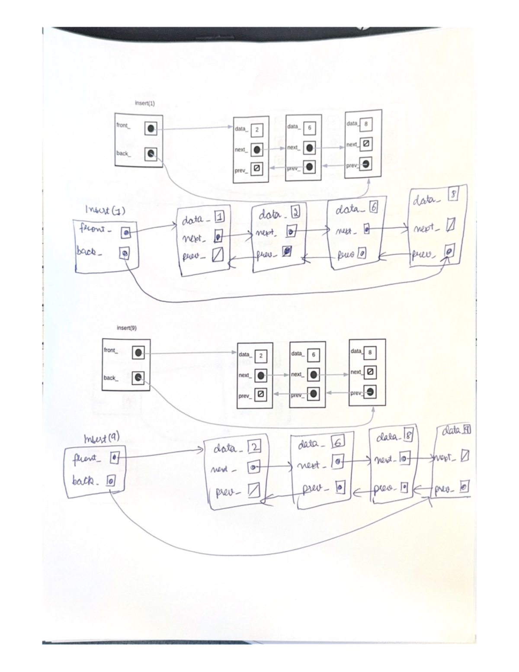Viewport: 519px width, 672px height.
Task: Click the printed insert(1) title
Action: (144, 103)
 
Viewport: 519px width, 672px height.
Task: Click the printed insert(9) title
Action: (126, 328)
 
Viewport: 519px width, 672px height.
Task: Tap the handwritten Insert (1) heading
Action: (105, 210)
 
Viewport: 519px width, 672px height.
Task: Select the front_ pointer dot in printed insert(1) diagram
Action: (151, 129)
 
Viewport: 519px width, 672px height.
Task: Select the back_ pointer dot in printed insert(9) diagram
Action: (138, 378)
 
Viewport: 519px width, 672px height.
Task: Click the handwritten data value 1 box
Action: (220, 219)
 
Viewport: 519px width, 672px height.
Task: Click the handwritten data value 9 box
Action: (466, 430)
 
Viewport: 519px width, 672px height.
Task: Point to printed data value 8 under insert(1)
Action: (366, 124)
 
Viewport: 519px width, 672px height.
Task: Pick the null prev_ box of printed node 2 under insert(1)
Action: (256, 169)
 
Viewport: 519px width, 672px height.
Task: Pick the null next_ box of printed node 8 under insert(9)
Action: (370, 372)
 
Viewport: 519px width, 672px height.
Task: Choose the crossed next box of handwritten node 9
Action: (465, 457)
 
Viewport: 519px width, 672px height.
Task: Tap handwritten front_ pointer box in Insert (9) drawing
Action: (114, 457)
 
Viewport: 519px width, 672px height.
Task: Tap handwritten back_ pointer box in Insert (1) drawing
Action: (124, 253)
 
